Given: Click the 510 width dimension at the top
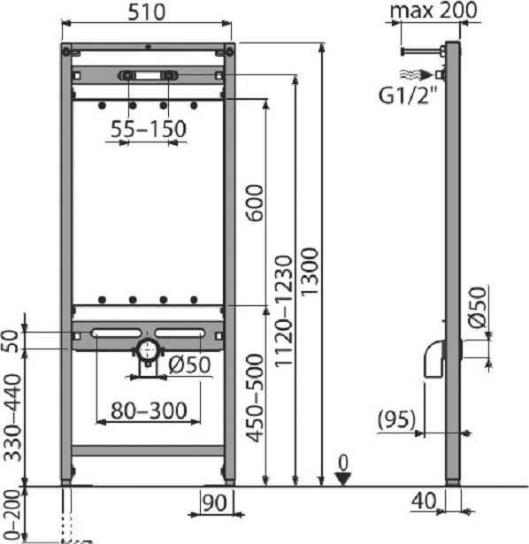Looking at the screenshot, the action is coord(146,12).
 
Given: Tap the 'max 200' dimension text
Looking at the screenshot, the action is coord(433,11).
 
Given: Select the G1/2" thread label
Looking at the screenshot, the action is coord(408,95).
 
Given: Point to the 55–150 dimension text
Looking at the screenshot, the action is coord(149,129).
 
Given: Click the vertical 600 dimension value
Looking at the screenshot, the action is coord(255,203).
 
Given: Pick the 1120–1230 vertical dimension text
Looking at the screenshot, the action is coord(283,310).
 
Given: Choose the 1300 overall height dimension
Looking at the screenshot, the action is coord(309,272).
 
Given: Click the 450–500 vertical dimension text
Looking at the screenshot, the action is coord(255,397).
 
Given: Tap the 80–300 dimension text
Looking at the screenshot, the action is coord(149,410).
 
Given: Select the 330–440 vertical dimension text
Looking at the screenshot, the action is coord(12,418).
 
